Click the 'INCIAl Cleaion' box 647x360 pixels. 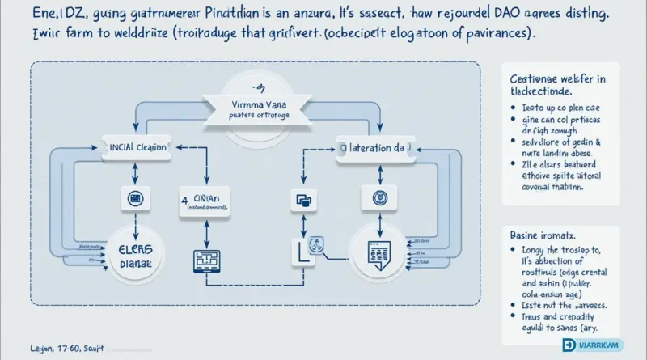pos(139,149)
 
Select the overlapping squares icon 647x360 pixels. pos(302,201)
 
